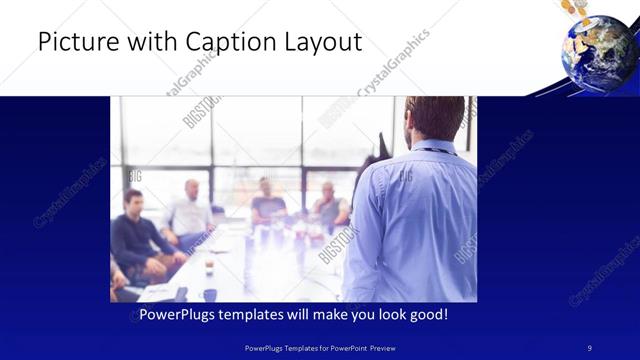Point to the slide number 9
589,347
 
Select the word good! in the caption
429,315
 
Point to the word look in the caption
389,315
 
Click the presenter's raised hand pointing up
381,145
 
